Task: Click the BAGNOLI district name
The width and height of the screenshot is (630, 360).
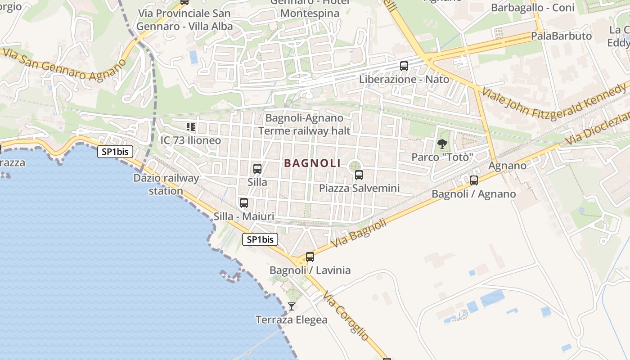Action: [x=312, y=163]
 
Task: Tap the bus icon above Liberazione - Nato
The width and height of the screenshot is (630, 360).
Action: [x=404, y=66]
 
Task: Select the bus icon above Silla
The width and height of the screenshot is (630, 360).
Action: [x=257, y=169]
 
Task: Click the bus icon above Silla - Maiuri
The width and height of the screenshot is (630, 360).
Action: [x=244, y=203]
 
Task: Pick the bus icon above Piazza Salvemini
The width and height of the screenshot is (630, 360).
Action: [x=359, y=175]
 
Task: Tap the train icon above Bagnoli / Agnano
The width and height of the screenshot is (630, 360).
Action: [x=474, y=180]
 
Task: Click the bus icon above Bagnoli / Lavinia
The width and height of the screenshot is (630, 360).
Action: [x=310, y=257]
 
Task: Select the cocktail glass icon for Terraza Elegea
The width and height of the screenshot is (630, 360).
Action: [x=292, y=306]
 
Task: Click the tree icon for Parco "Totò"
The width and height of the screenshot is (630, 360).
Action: [x=442, y=144]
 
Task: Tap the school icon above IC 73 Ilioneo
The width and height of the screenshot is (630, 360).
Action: [x=191, y=127]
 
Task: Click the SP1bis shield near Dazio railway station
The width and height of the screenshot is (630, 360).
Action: [x=115, y=152]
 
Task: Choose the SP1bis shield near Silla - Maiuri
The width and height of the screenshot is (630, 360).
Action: [x=260, y=239]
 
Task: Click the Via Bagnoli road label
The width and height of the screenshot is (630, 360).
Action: [x=359, y=233]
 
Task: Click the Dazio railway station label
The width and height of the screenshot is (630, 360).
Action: [x=166, y=184]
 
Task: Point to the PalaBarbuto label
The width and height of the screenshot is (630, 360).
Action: [x=561, y=36]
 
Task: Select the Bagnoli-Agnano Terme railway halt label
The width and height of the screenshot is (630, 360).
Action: [x=304, y=124]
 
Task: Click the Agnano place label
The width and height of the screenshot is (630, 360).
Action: [x=507, y=166]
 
